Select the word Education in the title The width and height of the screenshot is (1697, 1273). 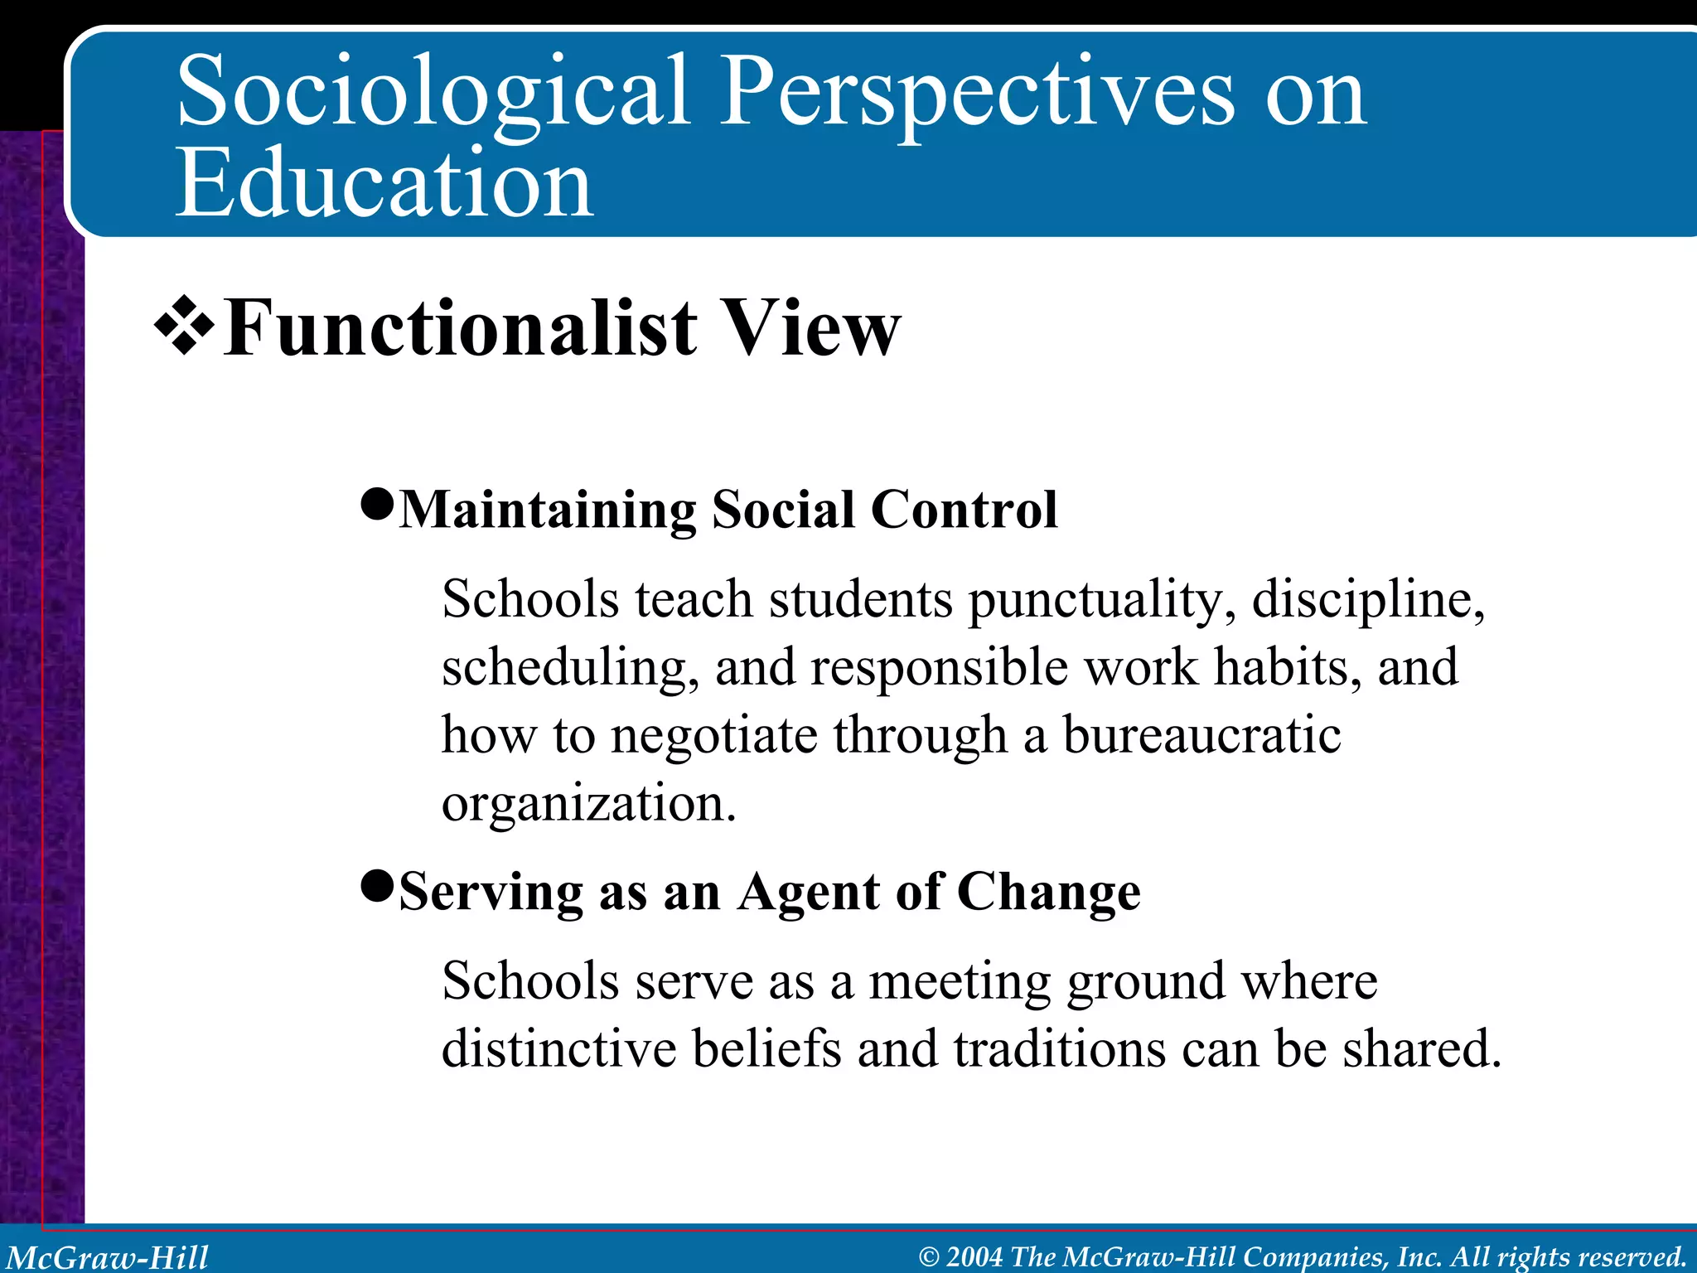pos(384,184)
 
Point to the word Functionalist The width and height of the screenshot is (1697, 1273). pos(461,329)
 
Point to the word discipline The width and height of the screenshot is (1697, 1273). pos(1367,601)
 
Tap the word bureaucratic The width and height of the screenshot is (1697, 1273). pos(1201,736)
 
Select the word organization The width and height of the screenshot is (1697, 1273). pos(588,804)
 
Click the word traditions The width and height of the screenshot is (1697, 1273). pos(1059,1049)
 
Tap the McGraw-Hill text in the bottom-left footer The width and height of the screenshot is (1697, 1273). pos(108,1256)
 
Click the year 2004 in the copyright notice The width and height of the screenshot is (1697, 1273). pos(975,1256)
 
